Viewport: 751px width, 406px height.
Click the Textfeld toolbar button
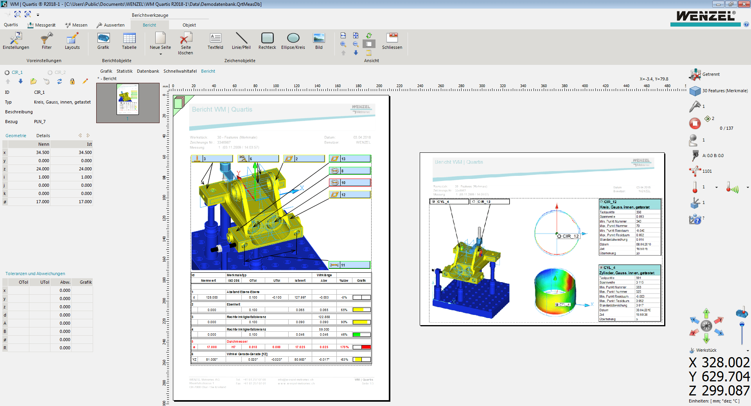coord(215,41)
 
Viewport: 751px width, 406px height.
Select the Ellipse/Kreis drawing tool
coord(293,41)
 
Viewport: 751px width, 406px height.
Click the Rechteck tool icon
coord(267,41)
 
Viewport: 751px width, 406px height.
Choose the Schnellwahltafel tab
coord(180,71)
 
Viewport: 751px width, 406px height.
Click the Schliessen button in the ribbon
coord(392,41)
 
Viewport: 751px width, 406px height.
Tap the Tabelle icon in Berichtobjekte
coord(129,41)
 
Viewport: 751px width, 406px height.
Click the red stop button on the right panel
coord(695,123)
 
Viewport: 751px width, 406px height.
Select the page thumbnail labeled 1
coord(128,99)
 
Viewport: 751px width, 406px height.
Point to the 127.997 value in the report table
coord(300,297)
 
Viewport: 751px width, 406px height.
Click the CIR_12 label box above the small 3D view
coord(490,202)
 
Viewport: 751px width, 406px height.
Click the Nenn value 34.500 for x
coord(43,152)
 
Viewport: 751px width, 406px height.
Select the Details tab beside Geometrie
coord(43,136)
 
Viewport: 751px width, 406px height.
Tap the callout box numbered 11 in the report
coord(354,265)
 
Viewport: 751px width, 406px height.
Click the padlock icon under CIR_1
coord(72,81)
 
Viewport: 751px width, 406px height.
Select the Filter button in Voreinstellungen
coord(47,41)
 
